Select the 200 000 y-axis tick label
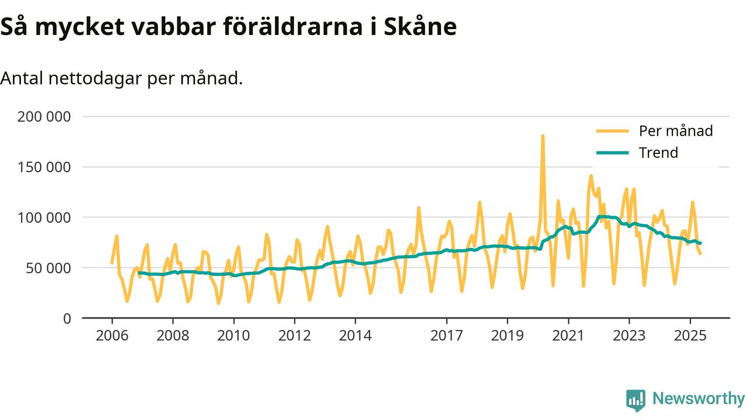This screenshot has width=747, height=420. (44, 117)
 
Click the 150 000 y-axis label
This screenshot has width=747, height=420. (44, 167)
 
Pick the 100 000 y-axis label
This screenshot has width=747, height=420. (44, 218)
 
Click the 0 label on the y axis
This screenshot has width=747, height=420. (67, 319)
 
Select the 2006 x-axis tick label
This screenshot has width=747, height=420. (111, 336)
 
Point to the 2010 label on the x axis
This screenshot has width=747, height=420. (233, 336)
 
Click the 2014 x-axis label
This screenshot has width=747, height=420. (355, 336)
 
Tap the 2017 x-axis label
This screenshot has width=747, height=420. (446, 336)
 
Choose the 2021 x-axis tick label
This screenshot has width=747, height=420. (568, 336)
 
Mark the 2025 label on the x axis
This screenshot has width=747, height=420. (690, 336)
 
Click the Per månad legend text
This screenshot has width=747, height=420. (676, 131)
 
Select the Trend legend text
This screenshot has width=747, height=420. (658, 153)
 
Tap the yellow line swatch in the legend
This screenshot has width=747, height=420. (612, 131)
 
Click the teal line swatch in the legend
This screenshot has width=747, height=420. (612, 153)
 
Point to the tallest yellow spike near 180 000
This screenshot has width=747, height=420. (543, 136)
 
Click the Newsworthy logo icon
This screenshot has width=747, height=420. (636, 400)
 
